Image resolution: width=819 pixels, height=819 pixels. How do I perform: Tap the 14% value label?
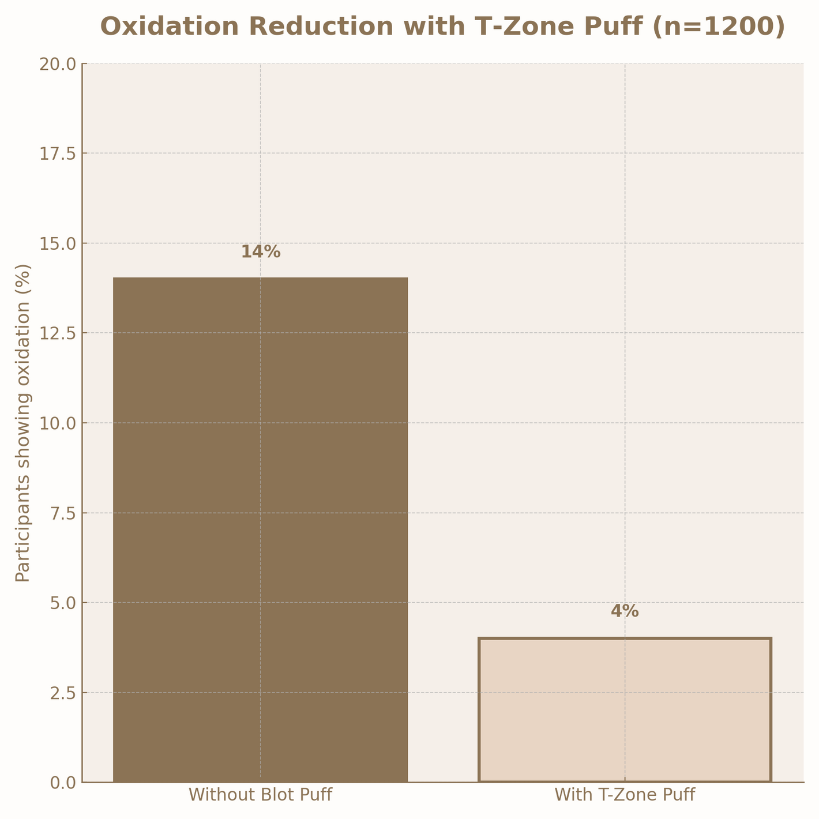[260, 252]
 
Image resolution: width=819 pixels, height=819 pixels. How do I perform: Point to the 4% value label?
[625, 611]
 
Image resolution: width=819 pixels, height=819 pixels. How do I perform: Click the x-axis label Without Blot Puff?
[260, 795]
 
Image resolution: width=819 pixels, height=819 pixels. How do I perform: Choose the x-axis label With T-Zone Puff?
[625, 795]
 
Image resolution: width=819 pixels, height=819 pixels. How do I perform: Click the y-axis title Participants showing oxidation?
[22, 423]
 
